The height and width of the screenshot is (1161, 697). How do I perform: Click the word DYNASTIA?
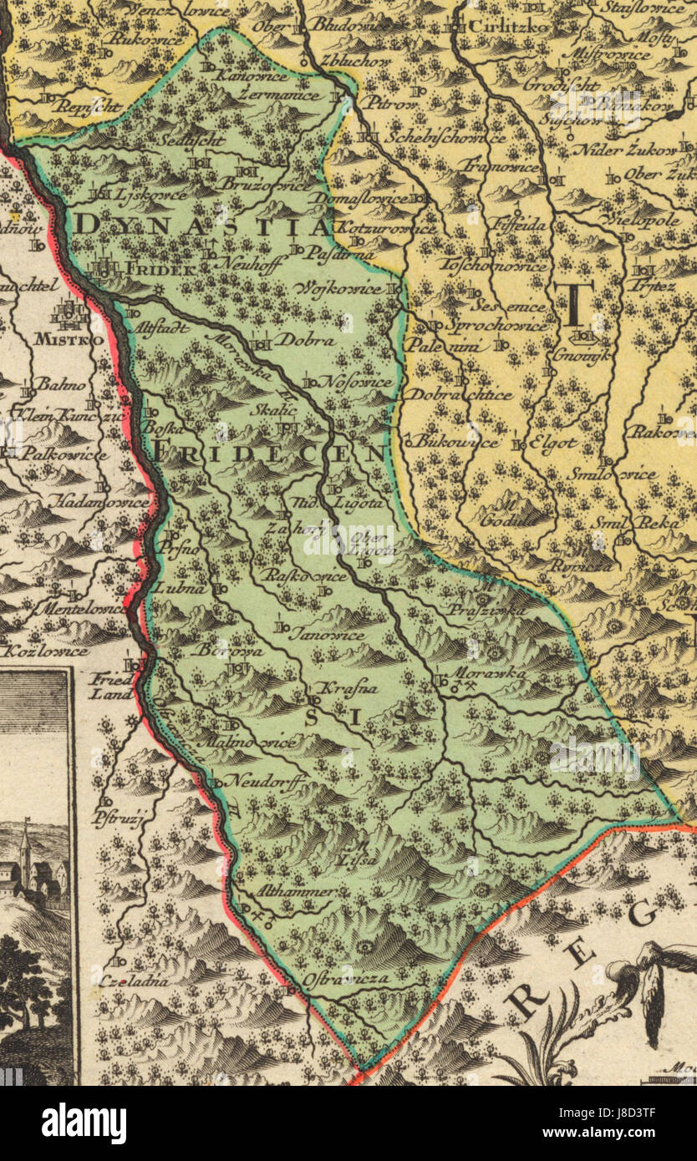click(201, 226)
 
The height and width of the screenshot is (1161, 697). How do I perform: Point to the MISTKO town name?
click(69, 340)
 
